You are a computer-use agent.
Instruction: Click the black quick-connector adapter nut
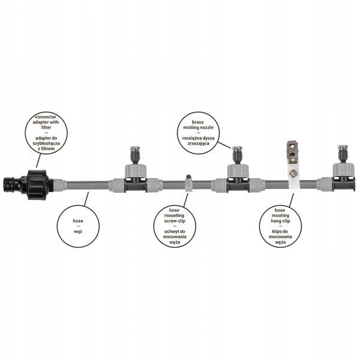click(37, 185)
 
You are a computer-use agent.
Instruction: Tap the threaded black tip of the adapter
click(9, 184)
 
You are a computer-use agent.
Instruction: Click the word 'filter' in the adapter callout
click(46, 127)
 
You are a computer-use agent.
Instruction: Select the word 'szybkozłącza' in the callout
click(46, 143)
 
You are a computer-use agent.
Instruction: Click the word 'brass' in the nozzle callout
click(198, 122)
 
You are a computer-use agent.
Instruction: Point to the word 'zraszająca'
click(199, 143)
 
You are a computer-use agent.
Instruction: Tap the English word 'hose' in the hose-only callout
click(78, 221)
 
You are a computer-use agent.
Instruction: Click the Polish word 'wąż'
click(78, 232)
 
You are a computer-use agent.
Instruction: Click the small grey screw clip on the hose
click(188, 183)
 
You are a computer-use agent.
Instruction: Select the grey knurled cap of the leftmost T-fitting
click(136, 170)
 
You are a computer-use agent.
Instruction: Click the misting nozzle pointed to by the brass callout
click(237, 155)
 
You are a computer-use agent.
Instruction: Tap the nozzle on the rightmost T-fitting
click(343, 154)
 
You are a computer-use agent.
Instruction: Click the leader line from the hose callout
click(86, 199)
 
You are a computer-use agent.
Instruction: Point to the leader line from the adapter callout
click(38, 160)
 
